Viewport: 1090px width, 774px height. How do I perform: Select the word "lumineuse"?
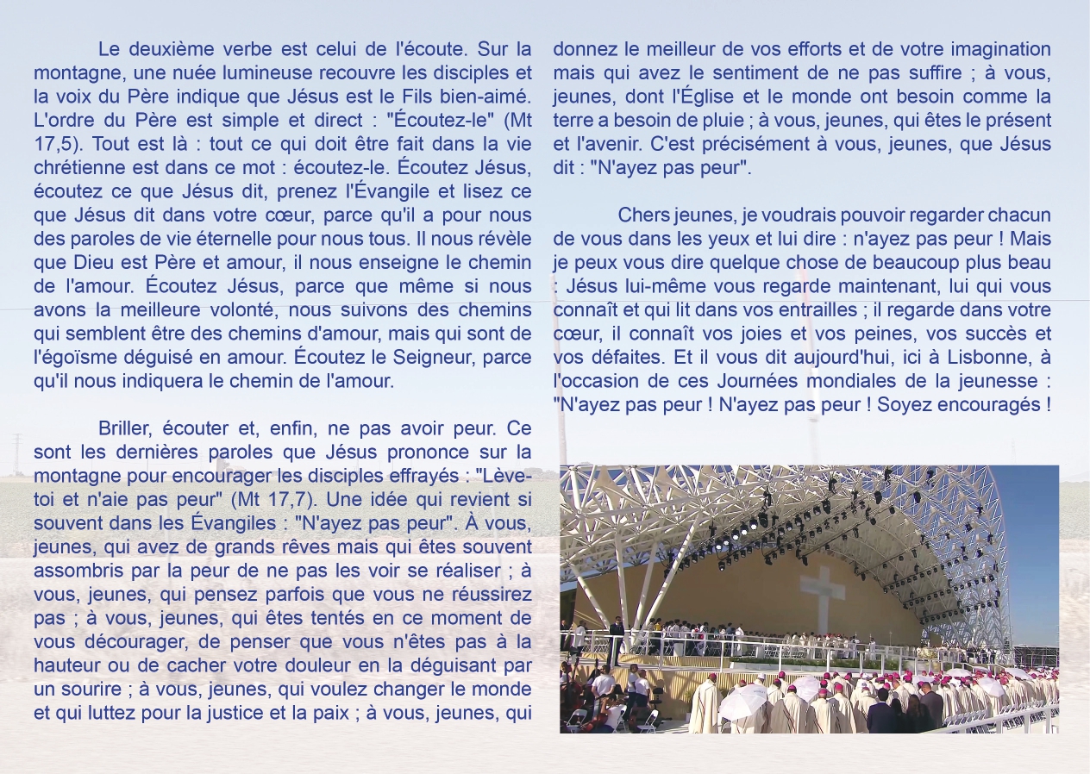(x=260, y=72)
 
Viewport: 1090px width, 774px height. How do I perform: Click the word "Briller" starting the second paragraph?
(x=125, y=428)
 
